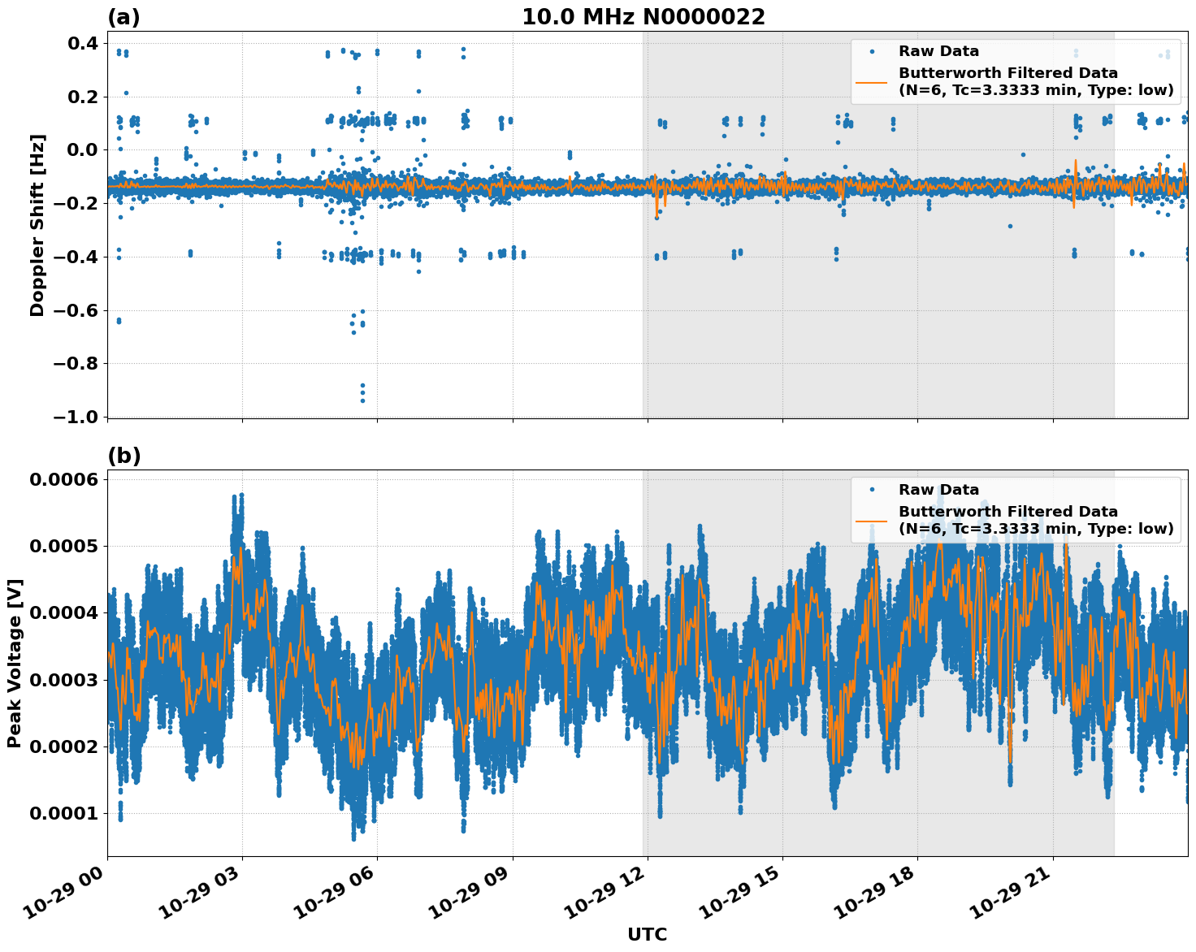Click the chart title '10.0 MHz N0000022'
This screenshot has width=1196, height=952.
(x=643, y=17)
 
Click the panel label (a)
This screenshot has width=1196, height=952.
(x=123, y=17)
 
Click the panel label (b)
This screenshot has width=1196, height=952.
(x=123, y=456)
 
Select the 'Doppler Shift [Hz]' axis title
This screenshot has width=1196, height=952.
(x=37, y=225)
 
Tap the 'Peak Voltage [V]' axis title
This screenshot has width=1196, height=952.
(x=14, y=663)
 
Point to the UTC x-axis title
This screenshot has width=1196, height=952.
(x=647, y=934)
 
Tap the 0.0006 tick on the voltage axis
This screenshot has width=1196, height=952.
(x=63, y=479)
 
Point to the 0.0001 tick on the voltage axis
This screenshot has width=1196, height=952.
(x=63, y=813)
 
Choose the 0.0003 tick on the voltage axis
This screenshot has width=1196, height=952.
(x=63, y=680)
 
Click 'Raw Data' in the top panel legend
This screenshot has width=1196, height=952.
(x=938, y=51)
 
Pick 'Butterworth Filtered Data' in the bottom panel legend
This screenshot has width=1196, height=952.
(x=1007, y=512)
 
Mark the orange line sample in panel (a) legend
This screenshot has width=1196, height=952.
(x=872, y=81)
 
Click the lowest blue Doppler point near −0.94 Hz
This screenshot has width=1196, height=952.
(x=362, y=400)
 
